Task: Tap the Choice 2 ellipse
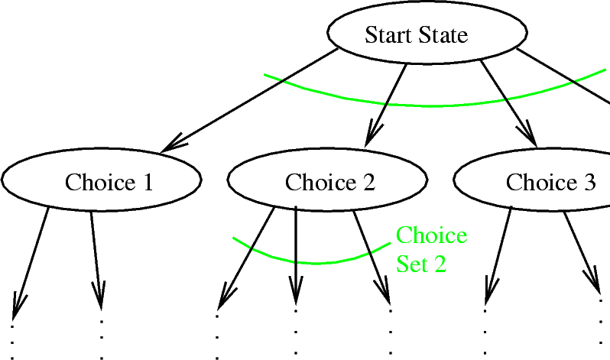(x=328, y=182)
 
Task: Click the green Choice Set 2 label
(x=431, y=249)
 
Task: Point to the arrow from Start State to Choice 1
(x=252, y=100)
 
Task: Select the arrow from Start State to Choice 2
(x=387, y=103)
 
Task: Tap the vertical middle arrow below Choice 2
(x=295, y=252)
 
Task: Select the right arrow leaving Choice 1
(x=96, y=256)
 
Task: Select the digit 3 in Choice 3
(x=589, y=182)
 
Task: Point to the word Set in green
(x=413, y=264)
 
